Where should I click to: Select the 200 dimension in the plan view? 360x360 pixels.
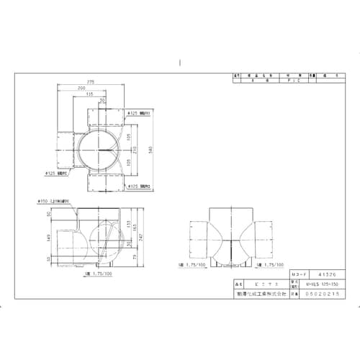[85, 89]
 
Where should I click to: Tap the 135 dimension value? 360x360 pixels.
[90, 94]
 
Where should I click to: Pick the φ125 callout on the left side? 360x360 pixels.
[57, 173]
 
